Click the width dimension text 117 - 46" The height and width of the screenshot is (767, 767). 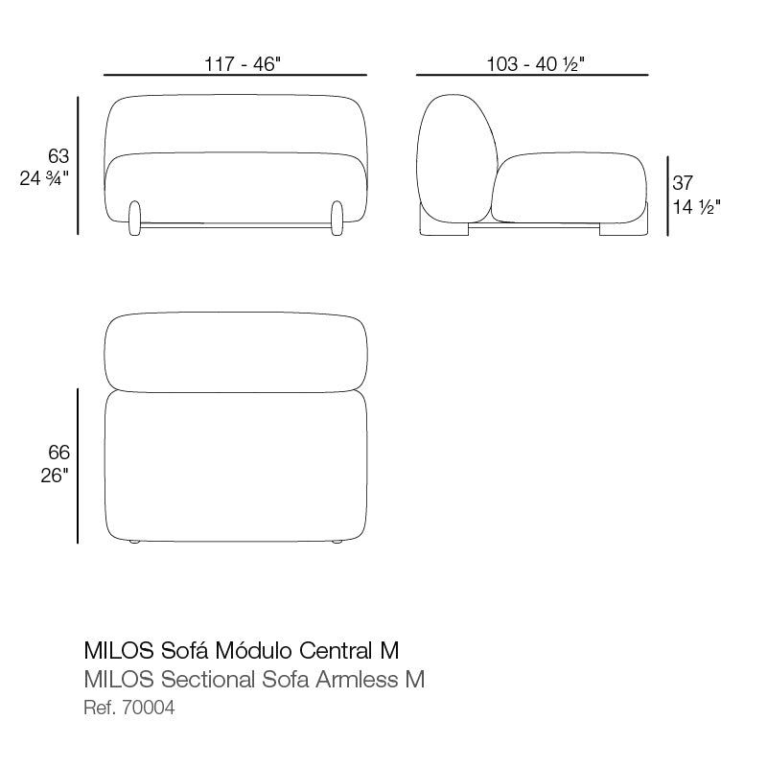point(242,64)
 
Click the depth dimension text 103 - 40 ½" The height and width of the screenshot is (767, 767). point(536,64)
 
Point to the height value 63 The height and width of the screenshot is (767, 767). point(59,155)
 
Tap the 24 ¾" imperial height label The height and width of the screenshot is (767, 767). point(45,178)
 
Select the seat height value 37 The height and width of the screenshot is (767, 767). point(683,182)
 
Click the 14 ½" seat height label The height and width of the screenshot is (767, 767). point(696,205)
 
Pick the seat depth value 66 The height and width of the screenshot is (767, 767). point(59,453)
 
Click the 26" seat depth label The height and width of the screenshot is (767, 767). point(54,476)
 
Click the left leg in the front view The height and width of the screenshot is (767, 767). point(135,218)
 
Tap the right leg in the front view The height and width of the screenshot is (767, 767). point(337,218)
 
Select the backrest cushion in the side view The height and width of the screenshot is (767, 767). point(457,158)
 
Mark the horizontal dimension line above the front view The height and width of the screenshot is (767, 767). point(235,75)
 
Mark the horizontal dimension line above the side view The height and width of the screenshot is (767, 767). point(532,75)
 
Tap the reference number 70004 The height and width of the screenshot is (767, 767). point(151,709)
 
